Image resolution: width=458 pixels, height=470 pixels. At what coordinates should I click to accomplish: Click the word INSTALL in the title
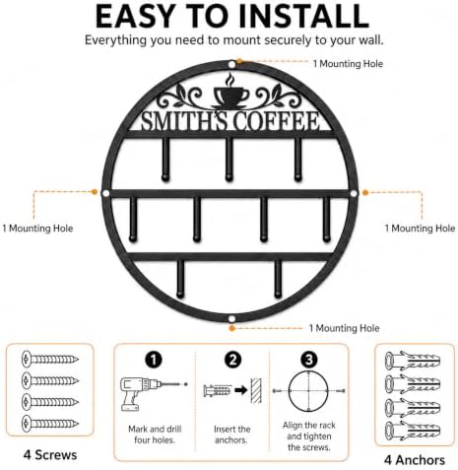(304, 17)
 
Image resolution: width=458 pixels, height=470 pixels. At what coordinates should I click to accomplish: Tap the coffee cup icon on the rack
(230, 94)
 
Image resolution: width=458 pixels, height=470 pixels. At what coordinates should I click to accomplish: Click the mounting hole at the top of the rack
(231, 64)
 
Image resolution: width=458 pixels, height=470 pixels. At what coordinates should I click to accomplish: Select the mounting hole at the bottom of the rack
(231, 318)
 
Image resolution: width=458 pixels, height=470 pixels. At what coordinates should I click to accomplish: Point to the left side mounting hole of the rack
(105, 193)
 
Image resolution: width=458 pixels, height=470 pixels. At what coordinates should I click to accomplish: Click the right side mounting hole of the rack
(354, 193)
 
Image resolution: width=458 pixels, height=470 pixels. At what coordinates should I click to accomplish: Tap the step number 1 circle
(154, 360)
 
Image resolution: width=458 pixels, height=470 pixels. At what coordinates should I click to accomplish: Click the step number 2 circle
(232, 360)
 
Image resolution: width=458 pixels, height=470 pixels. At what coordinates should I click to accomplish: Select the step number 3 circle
(309, 360)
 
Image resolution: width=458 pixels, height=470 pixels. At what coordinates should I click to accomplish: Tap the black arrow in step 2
(241, 390)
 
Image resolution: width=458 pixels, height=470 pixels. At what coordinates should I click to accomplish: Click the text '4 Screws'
(50, 455)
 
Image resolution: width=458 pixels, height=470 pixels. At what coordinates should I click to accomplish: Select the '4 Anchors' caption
(415, 460)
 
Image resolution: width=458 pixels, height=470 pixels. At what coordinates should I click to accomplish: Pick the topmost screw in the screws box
(50, 359)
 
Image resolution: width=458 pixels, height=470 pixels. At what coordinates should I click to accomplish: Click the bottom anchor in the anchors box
(412, 431)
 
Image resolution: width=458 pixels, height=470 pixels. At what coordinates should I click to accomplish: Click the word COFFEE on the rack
(277, 121)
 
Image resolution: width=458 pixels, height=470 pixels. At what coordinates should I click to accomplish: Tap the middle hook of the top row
(229, 159)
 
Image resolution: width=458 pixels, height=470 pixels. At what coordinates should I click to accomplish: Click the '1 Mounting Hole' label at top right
(348, 64)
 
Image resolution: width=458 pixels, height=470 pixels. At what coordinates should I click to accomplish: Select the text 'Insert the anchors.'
(231, 435)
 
